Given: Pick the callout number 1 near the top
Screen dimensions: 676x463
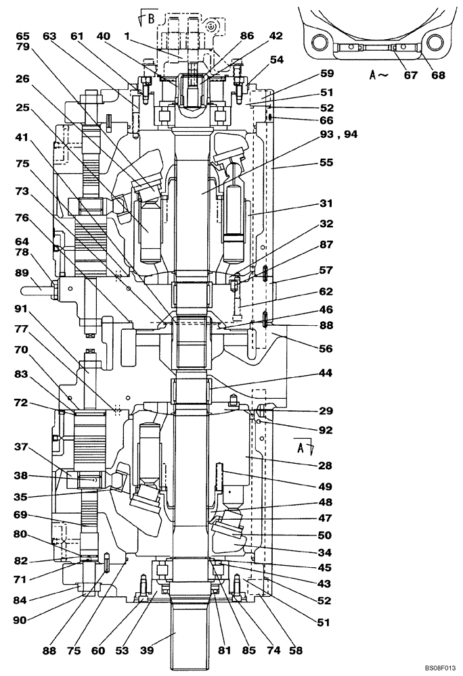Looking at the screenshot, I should pos(126,35).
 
